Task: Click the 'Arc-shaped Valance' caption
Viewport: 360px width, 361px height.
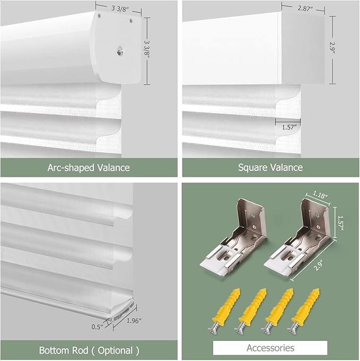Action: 89,168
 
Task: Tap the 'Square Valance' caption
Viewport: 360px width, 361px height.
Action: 270,167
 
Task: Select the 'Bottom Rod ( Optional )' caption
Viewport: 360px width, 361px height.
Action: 89,350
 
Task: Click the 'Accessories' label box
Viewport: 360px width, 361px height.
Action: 270,348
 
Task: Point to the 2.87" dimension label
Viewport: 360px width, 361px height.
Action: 305,8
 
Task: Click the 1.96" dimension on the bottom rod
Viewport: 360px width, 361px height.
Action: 134,321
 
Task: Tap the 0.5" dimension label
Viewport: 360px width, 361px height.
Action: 98,327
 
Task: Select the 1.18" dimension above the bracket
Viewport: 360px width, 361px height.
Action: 320,195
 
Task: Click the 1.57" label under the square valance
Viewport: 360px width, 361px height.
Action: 289,127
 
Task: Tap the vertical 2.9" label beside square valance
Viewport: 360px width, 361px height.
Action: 332,47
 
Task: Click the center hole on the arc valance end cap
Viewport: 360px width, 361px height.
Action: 119,50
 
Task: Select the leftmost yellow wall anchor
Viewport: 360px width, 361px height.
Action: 224,310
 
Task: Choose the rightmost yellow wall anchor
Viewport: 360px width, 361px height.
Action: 304,310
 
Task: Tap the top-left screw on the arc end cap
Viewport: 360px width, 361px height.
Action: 99,15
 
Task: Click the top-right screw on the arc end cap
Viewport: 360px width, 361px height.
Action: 131,21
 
